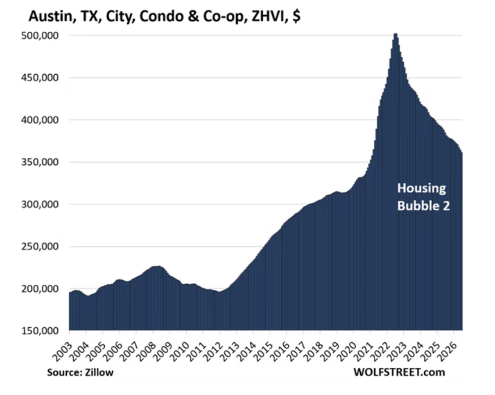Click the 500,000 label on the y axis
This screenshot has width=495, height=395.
pos(40,35)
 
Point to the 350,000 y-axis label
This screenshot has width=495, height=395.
pos(40,162)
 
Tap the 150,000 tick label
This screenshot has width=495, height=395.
pos(40,331)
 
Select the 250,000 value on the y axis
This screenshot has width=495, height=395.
pos(40,246)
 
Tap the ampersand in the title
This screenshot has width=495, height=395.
pos(193,17)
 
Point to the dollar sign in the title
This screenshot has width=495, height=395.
pos(296,17)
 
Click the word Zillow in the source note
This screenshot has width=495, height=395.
pos(99,372)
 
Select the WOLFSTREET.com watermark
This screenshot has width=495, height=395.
pos(399,372)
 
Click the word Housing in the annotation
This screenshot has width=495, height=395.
pos(422,189)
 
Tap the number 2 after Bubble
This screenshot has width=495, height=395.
pos(446,206)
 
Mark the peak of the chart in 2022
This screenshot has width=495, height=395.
pos(396,34)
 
